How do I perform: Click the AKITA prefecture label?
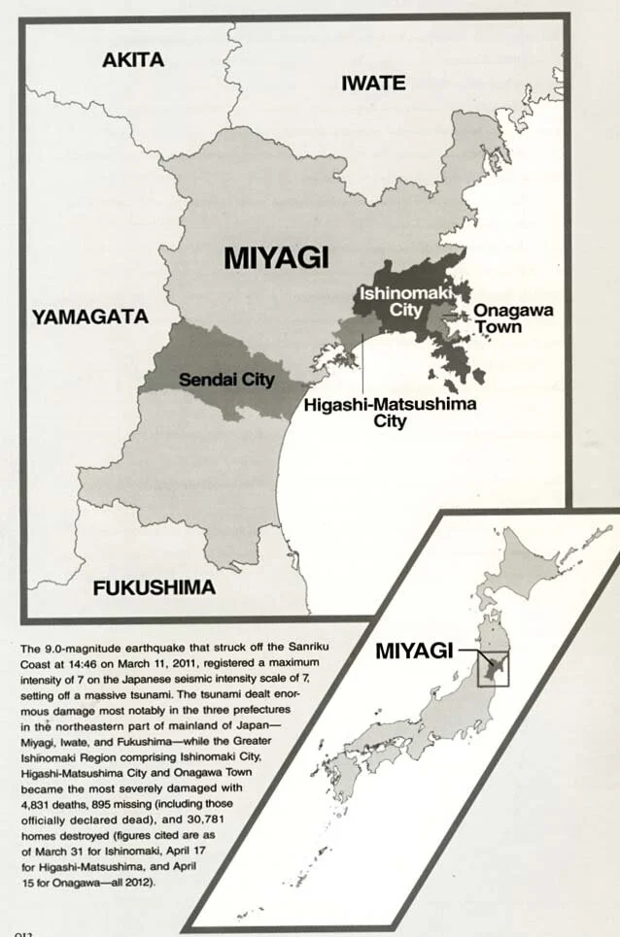pyautogui.click(x=133, y=59)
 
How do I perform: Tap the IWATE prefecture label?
pyautogui.click(x=373, y=84)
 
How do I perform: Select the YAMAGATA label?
pyautogui.click(x=89, y=317)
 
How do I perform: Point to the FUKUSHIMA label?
pyautogui.click(x=154, y=588)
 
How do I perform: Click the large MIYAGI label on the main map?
pyautogui.click(x=276, y=257)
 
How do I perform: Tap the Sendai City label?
pyautogui.click(x=226, y=379)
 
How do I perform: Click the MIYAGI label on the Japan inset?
pyautogui.click(x=415, y=652)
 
